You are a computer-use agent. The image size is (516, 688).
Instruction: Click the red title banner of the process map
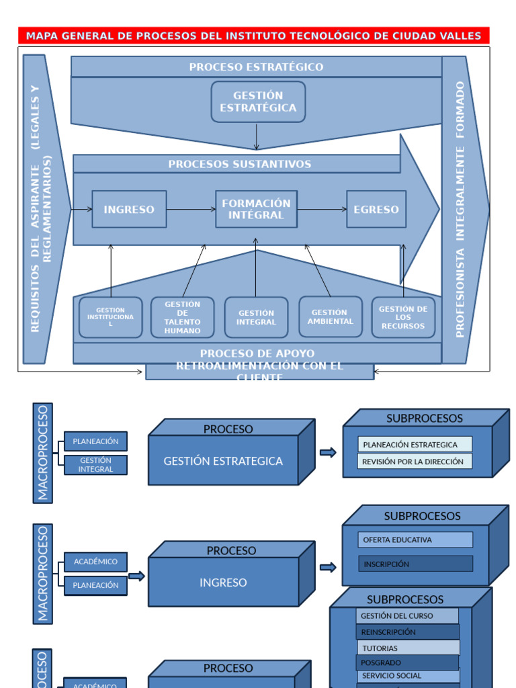(254, 36)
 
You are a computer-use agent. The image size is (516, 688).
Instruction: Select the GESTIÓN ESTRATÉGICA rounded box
(258, 102)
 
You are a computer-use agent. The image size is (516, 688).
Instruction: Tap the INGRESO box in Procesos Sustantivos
(129, 210)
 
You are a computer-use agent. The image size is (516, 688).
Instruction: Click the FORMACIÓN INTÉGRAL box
(256, 210)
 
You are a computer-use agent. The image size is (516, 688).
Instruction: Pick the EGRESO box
(376, 210)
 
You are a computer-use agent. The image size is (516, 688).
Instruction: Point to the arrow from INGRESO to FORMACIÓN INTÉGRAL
(191, 210)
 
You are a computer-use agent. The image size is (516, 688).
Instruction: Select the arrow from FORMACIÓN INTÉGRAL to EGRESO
(321, 210)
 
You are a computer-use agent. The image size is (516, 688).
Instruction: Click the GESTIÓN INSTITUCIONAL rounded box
(111, 318)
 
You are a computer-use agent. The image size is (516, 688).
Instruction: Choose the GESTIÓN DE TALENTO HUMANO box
(183, 318)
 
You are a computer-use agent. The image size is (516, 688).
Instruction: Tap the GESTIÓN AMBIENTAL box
(330, 317)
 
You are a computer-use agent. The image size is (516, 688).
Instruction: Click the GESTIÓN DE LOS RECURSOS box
(403, 318)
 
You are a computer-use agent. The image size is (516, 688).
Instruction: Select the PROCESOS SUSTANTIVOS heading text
(240, 164)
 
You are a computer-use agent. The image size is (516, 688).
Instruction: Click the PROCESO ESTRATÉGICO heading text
(256, 67)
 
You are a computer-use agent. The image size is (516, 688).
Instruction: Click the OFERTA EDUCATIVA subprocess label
(415, 540)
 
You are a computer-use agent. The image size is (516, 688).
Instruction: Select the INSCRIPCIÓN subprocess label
(415, 564)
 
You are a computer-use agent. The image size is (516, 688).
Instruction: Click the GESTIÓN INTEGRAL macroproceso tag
(95, 465)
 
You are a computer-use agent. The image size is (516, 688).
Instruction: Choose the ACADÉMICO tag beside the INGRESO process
(95, 562)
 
